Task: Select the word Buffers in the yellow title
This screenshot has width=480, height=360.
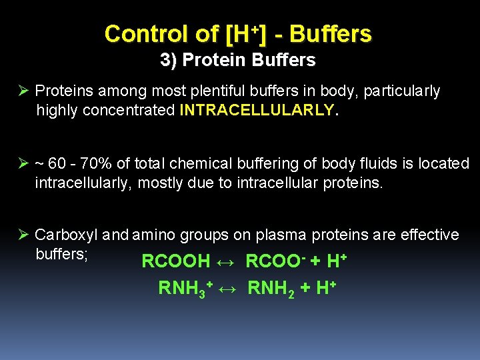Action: [331, 33]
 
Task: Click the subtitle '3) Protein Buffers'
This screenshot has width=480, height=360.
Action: [238, 61]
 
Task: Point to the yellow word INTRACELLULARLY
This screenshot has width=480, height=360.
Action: [257, 110]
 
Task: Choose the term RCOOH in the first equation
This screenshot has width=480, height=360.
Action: [175, 261]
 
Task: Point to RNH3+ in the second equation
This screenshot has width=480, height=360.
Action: [185, 289]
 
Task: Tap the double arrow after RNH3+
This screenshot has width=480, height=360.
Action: [229, 289]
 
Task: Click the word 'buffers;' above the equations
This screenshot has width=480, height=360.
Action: [62, 253]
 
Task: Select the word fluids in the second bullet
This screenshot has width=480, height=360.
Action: [373, 163]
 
